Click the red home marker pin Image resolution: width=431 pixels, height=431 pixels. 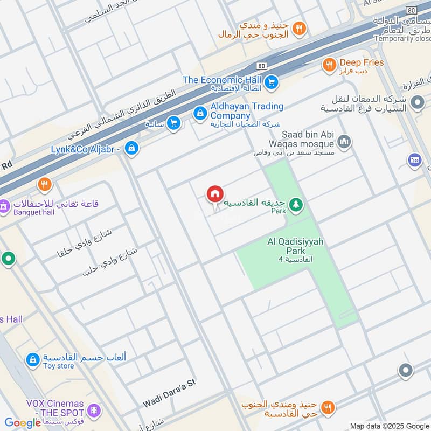[214, 194]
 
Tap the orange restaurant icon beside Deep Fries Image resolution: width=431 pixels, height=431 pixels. [329, 66]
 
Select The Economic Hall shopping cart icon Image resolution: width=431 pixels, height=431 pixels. [272, 82]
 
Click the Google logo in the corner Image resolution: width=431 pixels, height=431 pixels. [22, 423]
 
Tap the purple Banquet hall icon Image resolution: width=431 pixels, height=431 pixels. [4, 206]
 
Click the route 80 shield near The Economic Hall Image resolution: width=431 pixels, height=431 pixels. [262, 66]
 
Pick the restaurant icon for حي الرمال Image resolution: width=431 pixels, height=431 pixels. [300, 29]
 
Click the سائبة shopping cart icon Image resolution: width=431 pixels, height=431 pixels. [173, 123]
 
